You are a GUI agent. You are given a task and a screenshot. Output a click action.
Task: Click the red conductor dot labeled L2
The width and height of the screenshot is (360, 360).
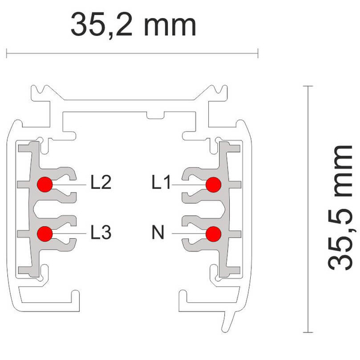[x=45, y=184]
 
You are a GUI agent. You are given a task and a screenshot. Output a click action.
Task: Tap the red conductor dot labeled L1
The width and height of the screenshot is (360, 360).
[x=214, y=185]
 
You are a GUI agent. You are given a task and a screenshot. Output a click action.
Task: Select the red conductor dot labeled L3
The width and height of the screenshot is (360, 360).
[x=45, y=234]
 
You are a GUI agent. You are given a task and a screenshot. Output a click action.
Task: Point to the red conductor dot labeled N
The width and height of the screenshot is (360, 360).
[x=214, y=234]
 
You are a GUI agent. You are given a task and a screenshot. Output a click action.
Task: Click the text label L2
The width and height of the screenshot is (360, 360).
[x=101, y=182]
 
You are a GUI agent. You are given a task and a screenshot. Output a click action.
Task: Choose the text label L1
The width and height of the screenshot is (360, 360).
[x=161, y=182]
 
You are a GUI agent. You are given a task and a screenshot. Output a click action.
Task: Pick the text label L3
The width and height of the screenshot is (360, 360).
[x=101, y=232]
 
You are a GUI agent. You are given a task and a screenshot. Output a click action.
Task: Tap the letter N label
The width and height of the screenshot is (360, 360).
[x=158, y=232]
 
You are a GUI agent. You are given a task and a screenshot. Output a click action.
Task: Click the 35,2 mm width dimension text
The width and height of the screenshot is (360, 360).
[x=133, y=25]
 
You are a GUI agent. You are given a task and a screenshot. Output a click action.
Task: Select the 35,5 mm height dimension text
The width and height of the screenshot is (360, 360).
[x=340, y=208]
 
